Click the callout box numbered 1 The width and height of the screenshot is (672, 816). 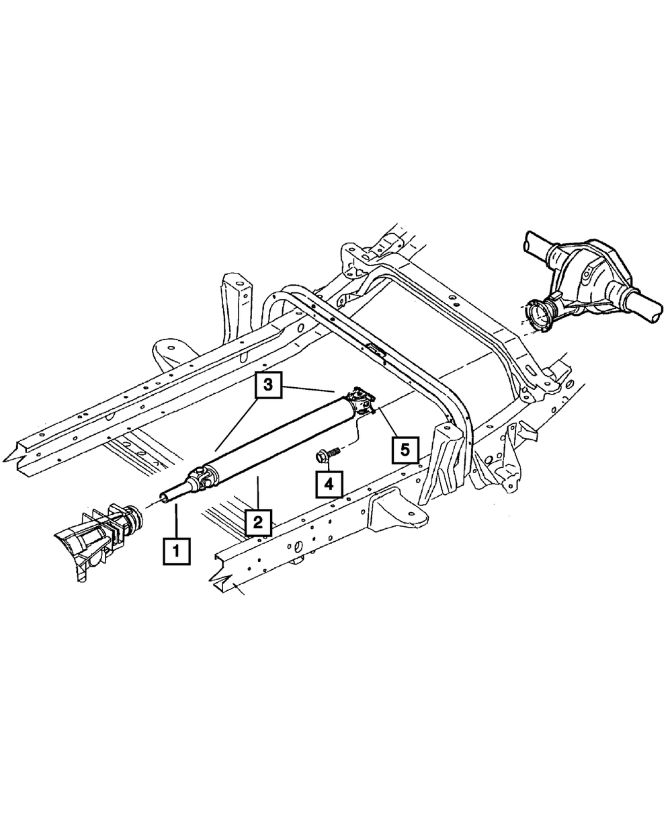coord(177,551)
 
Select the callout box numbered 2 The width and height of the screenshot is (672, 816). coord(258,522)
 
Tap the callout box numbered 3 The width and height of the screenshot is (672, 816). coord(268,385)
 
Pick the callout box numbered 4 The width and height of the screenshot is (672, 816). coord(329,485)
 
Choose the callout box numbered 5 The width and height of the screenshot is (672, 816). coord(405,450)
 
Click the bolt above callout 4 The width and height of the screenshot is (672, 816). coord(327,455)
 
